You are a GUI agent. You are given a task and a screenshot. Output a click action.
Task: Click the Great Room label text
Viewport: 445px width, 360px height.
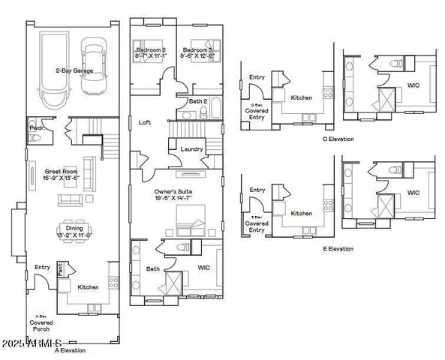point(47,175)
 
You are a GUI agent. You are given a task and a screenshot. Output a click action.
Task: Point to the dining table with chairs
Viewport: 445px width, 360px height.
point(69,230)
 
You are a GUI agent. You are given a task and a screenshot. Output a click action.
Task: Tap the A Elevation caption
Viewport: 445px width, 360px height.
point(70,349)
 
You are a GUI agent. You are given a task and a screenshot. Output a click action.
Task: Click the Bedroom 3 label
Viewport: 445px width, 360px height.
point(200,52)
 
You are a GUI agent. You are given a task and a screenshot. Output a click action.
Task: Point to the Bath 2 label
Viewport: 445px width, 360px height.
point(197,100)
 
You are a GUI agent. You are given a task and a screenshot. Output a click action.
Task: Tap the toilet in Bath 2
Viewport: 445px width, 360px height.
point(203,113)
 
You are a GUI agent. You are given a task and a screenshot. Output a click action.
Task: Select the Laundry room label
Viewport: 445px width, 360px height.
point(191,149)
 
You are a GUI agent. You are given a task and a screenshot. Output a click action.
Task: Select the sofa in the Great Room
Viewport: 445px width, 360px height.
point(71,199)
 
